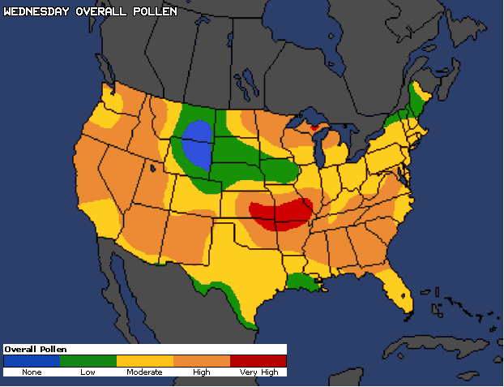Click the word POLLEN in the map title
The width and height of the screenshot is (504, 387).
click(x=152, y=12)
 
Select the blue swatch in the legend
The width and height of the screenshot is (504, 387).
click(x=32, y=361)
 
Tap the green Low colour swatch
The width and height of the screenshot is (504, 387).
click(x=88, y=361)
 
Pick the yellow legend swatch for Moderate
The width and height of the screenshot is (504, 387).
click(x=145, y=361)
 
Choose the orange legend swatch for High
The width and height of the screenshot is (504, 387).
click(x=202, y=361)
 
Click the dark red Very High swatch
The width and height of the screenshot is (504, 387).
click(x=258, y=361)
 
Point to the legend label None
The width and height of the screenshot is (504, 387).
click(x=32, y=372)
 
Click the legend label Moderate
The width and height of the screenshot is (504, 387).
click(x=144, y=372)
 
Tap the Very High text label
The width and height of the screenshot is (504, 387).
click(x=258, y=372)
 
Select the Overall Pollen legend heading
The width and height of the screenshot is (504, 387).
click(x=36, y=349)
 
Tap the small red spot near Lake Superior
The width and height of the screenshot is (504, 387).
click(x=315, y=127)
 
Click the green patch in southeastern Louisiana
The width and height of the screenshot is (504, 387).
click(x=303, y=282)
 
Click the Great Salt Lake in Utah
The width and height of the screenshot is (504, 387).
click(x=153, y=169)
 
